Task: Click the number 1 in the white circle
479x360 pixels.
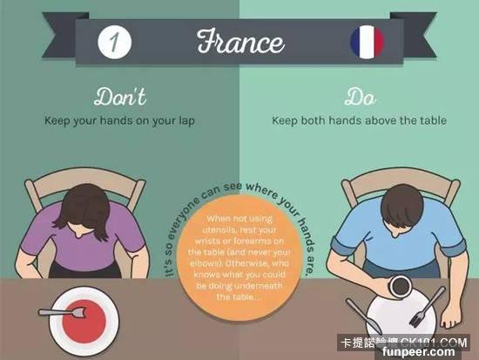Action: [x=114, y=42]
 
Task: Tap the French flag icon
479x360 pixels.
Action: [x=367, y=42]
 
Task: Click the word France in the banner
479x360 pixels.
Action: [x=240, y=42]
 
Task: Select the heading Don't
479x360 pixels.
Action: [x=120, y=97]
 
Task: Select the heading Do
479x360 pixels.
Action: [x=361, y=98]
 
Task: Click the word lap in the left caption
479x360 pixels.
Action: [x=186, y=121]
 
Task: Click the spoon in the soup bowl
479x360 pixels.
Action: [x=62, y=312]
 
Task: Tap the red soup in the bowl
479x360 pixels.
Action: [x=84, y=322]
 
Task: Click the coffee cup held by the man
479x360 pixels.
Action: [x=400, y=286]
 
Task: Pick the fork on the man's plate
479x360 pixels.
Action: [x=427, y=306]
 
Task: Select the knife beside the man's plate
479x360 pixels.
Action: [x=363, y=316]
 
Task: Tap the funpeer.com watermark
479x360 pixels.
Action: [x=418, y=352]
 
